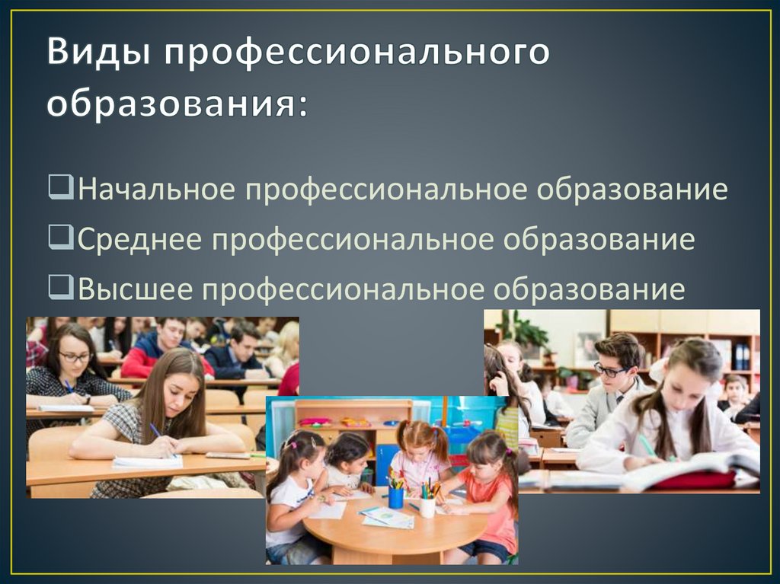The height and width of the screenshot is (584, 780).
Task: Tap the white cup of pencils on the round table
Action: click(428, 505)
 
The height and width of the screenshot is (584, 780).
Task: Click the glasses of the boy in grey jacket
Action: click(609, 371)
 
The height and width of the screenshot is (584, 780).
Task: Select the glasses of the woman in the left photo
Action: click(75, 356)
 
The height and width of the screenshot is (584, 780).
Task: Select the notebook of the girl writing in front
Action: click(147, 461)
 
